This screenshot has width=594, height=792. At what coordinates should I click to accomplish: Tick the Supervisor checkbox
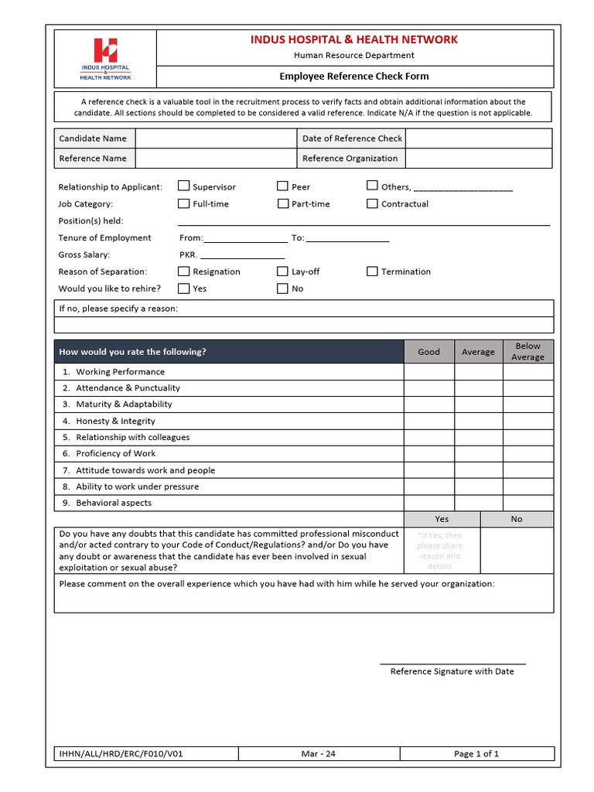183,186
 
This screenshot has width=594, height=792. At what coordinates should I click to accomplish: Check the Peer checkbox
282,186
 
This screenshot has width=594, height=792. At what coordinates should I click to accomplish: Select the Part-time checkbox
282,203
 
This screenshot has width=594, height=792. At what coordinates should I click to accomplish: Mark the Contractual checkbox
372,203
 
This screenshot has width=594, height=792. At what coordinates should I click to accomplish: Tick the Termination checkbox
372,271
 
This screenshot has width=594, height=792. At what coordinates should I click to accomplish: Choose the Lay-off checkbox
282,271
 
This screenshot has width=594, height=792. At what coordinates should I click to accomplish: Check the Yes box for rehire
183,288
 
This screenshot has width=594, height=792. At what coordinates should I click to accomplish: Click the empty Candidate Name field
216,138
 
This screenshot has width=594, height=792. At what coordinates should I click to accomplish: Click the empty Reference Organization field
478,159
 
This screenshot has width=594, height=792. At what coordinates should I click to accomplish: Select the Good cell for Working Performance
428,372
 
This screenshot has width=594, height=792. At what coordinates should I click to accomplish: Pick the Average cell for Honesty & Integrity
478,422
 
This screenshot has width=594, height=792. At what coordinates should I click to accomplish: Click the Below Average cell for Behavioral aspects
527,503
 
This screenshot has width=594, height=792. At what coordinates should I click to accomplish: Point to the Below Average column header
527,351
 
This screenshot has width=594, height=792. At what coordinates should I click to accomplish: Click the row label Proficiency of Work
115,454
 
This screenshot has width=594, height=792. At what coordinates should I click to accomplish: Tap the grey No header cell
516,519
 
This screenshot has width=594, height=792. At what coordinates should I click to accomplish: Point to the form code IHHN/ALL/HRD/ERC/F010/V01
121,754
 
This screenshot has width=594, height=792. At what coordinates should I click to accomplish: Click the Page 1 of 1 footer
476,754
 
